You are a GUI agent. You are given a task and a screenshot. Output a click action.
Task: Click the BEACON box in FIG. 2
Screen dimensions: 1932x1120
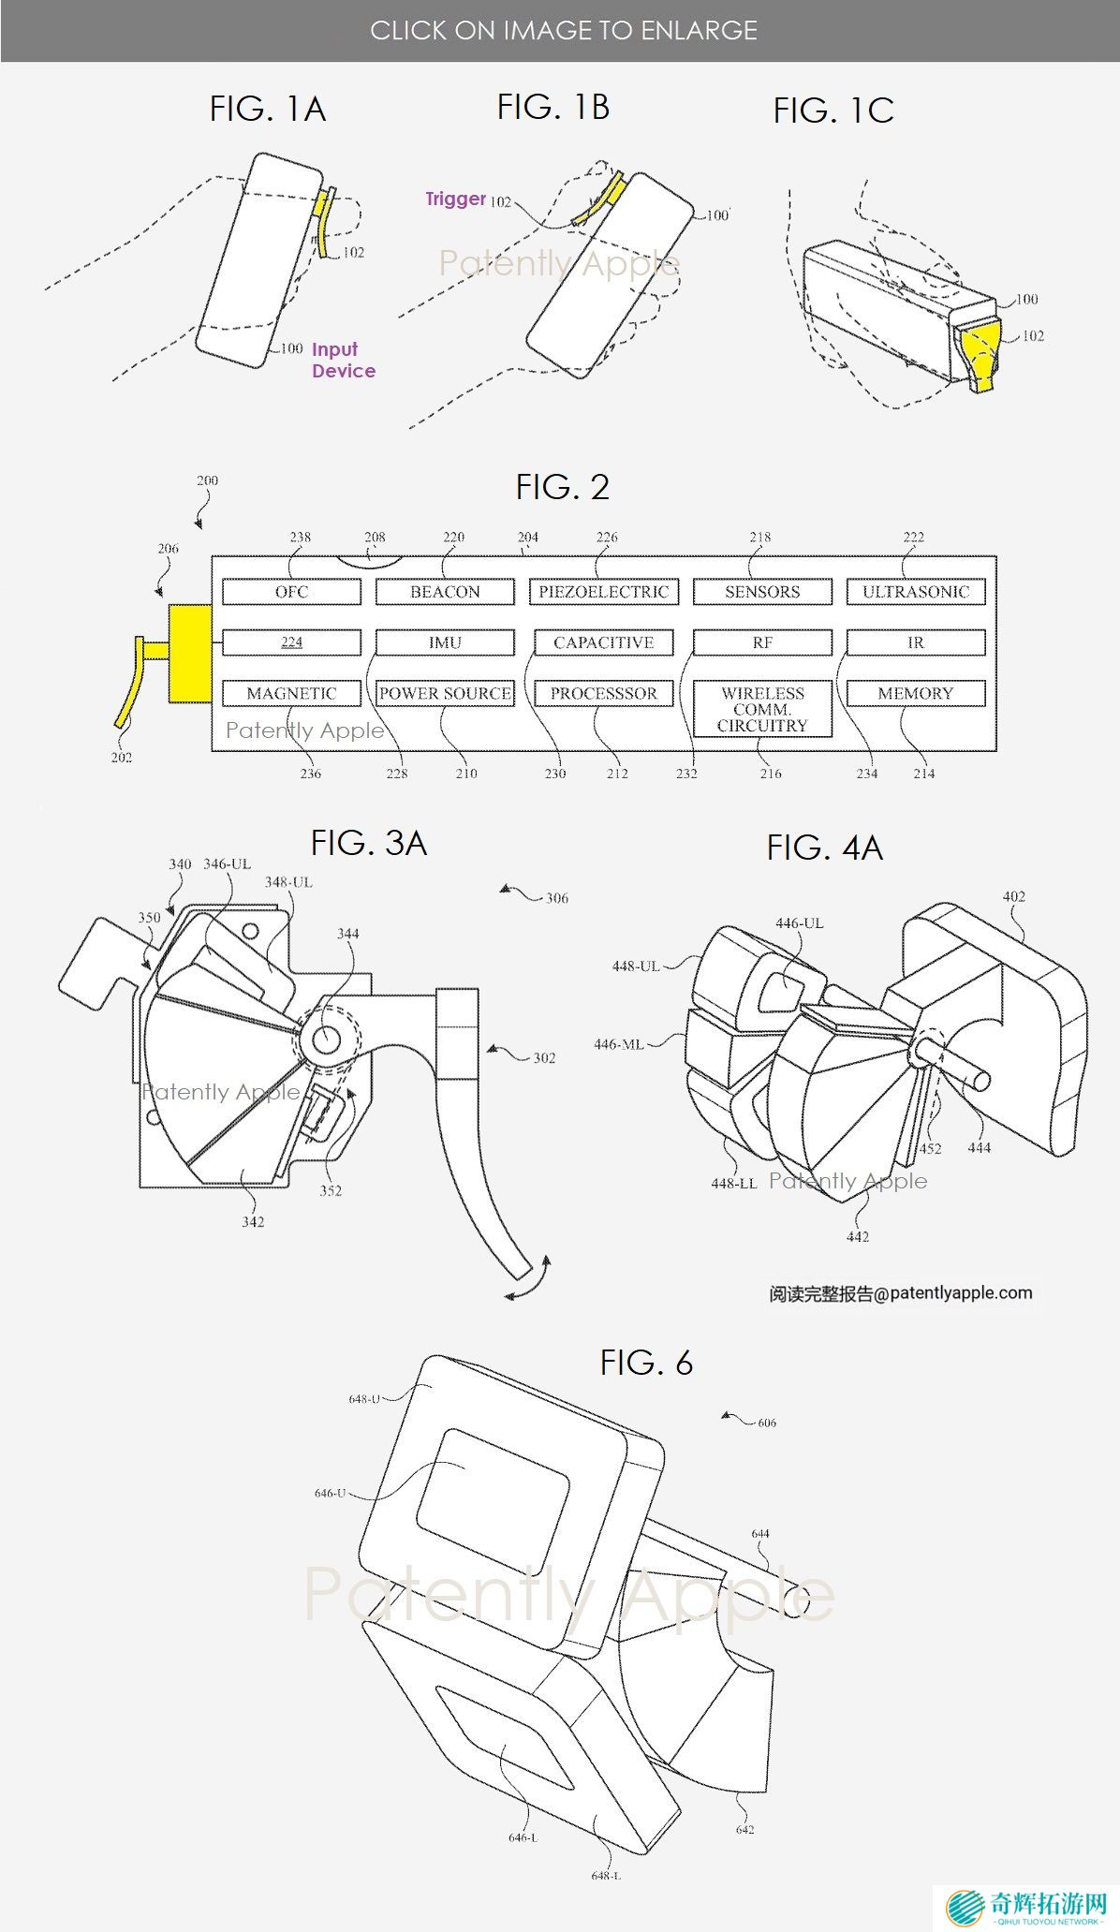(x=445, y=592)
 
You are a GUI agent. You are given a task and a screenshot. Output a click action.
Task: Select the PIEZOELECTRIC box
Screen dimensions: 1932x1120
(x=603, y=592)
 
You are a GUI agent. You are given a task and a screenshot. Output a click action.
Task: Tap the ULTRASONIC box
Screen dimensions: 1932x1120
(x=915, y=592)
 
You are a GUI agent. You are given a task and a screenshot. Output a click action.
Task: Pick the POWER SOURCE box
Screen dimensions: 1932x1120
(x=445, y=693)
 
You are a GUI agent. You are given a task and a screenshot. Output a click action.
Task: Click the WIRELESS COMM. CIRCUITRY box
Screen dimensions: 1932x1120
(x=762, y=709)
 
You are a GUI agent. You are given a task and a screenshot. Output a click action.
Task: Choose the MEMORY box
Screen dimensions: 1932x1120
(x=915, y=693)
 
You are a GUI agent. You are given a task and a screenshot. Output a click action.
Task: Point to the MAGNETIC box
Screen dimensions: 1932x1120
(x=291, y=693)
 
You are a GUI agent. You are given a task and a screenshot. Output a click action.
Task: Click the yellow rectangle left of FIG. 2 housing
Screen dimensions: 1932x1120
(x=190, y=653)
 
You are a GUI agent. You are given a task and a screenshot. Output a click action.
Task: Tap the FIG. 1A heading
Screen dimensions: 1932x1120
(x=267, y=110)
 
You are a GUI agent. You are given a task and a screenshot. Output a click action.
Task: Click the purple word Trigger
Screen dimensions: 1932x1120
(x=455, y=199)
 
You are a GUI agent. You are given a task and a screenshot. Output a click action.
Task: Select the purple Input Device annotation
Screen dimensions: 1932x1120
(x=343, y=360)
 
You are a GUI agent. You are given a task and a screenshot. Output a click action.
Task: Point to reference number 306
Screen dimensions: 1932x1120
(x=557, y=898)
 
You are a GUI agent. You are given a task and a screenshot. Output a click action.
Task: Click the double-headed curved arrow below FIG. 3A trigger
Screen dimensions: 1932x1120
(x=527, y=1281)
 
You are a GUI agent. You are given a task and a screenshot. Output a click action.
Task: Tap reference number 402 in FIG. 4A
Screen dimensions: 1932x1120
(x=1013, y=896)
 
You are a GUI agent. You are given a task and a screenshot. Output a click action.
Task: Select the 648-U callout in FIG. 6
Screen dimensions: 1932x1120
(x=363, y=1399)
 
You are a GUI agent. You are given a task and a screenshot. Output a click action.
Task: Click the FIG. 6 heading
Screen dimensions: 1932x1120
(x=646, y=1363)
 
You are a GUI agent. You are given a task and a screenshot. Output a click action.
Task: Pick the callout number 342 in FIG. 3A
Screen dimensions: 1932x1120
(x=253, y=1221)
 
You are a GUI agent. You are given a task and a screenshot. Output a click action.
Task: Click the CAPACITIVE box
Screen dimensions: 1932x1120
(x=603, y=642)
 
